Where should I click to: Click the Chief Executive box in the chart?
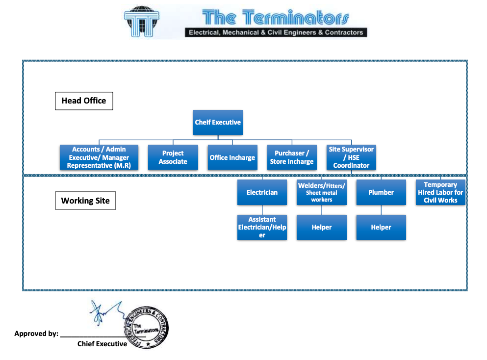click(x=218, y=122)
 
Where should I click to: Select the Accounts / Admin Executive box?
click(x=99, y=157)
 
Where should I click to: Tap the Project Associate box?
click(x=173, y=157)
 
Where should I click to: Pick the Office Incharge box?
click(x=232, y=157)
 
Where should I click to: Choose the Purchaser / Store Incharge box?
click(x=292, y=157)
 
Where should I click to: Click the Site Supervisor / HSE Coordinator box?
click(x=351, y=157)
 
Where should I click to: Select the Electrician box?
click(x=262, y=192)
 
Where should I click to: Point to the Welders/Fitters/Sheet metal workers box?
click(x=322, y=192)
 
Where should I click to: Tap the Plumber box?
click(x=381, y=192)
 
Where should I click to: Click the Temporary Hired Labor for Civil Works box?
click(x=440, y=192)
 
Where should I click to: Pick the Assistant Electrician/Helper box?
click(x=262, y=227)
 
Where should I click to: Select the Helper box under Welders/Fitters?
click(x=322, y=227)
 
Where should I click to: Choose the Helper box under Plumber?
click(x=381, y=227)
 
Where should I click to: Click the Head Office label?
click(x=84, y=101)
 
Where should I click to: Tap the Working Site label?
click(x=85, y=201)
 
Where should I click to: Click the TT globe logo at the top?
click(x=142, y=21)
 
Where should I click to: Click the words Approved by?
click(x=36, y=334)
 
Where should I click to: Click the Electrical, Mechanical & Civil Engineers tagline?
click(x=275, y=33)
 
